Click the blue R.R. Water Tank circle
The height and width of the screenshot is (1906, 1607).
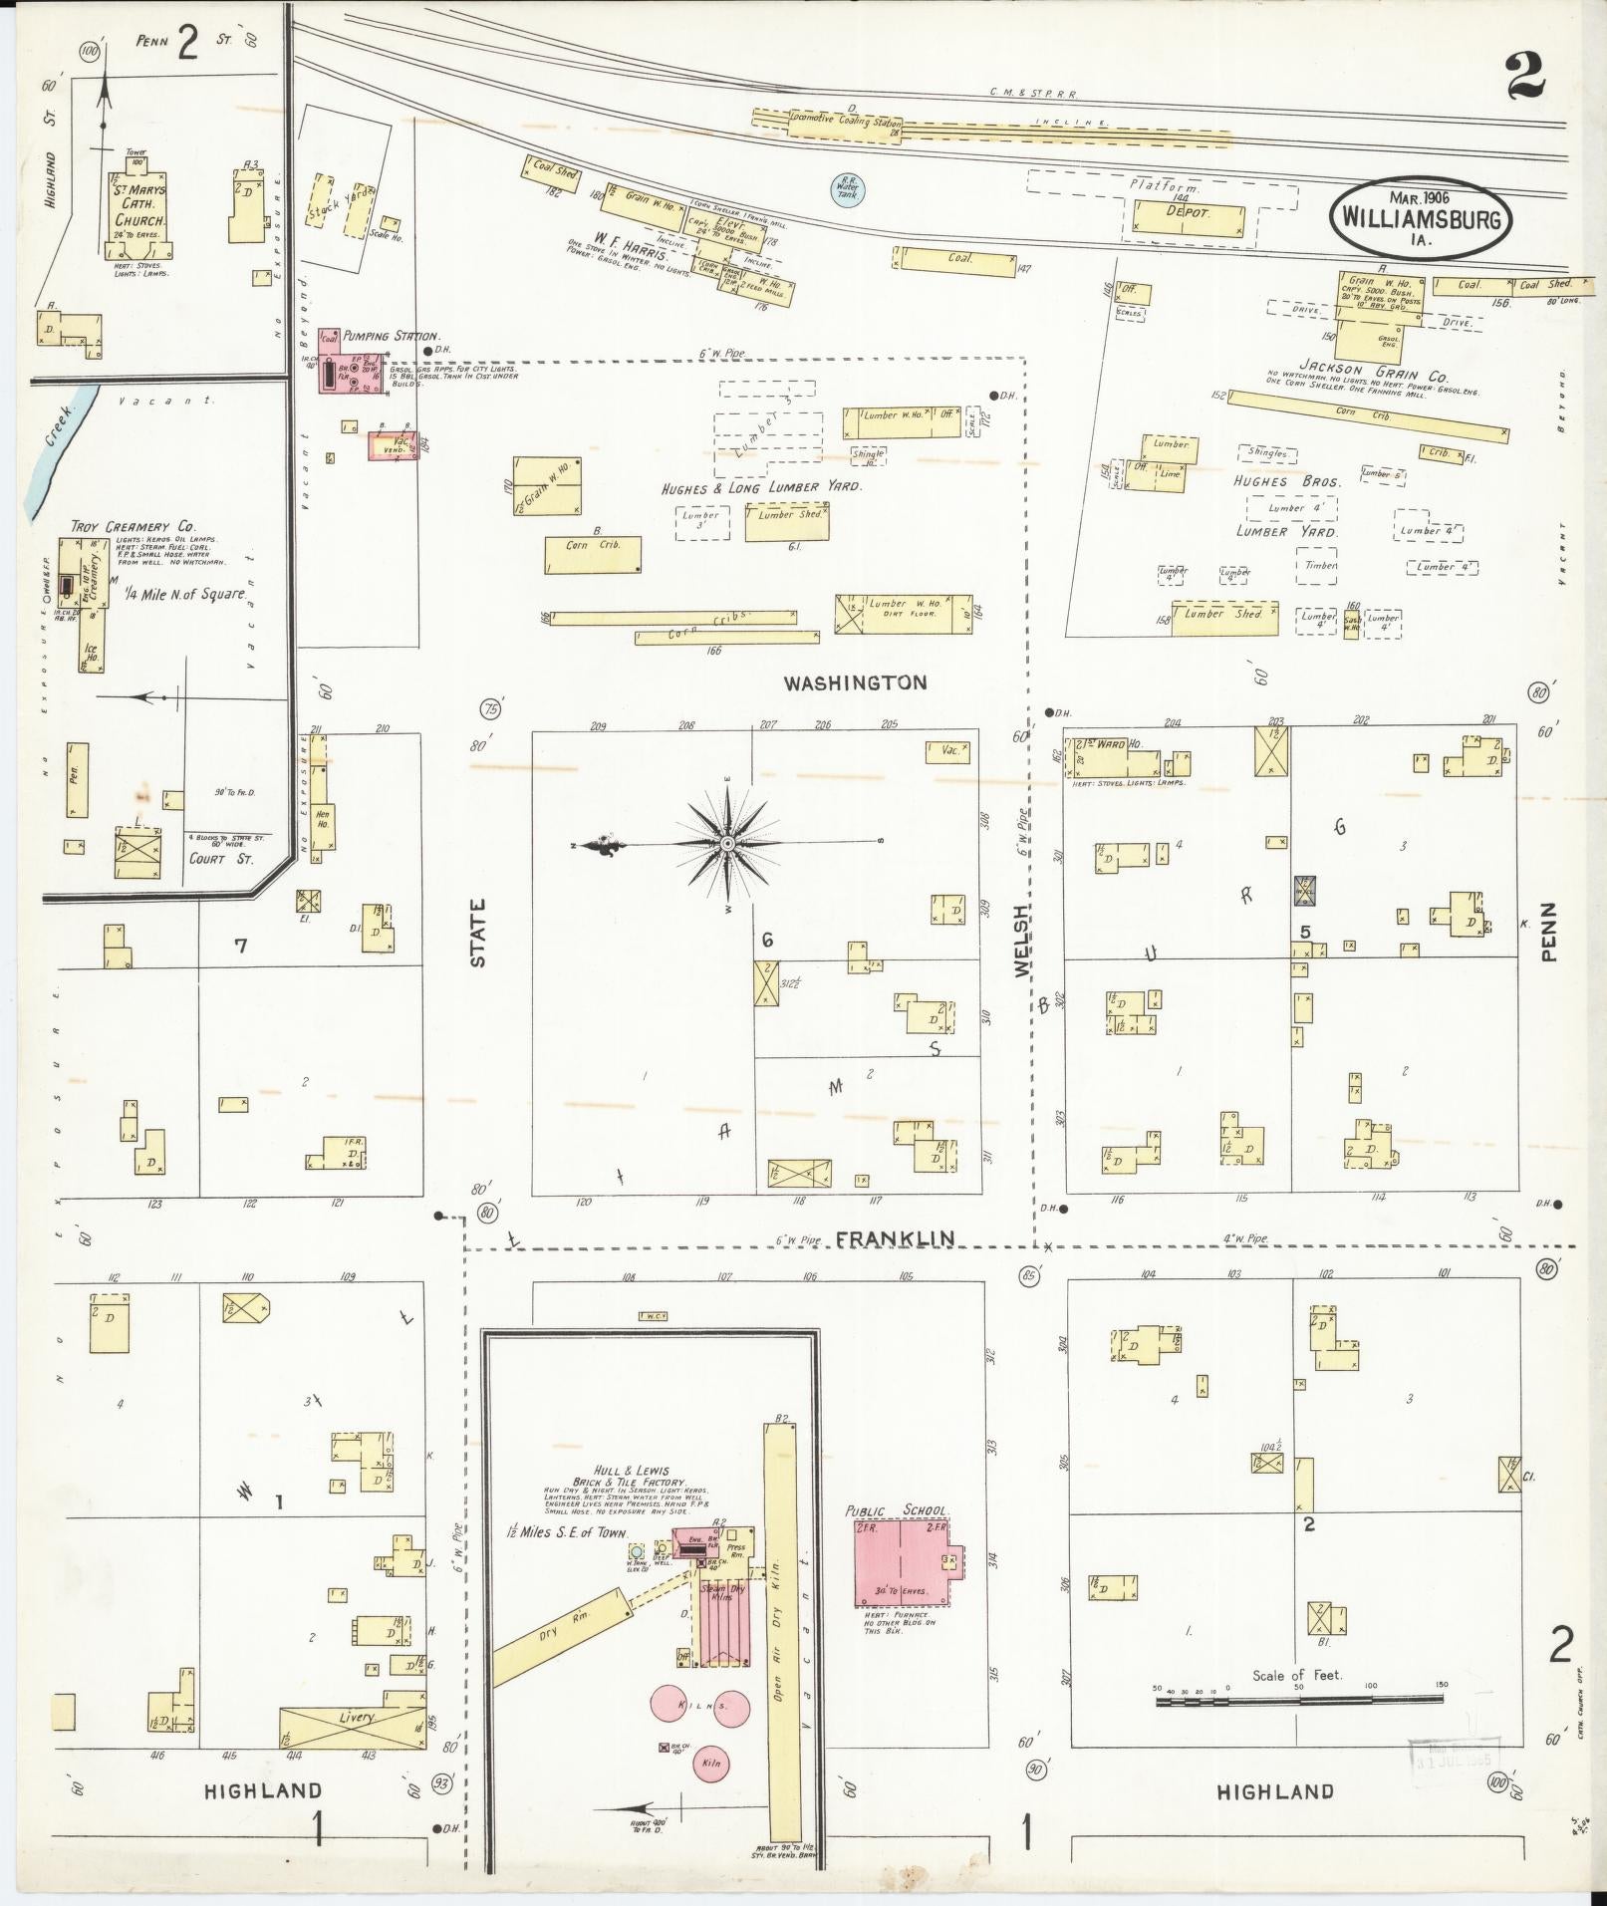[849, 188]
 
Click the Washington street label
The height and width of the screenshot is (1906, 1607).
[855, 683]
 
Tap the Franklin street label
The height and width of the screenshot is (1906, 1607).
[895, 1238]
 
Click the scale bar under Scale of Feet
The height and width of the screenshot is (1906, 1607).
[1299, 1703]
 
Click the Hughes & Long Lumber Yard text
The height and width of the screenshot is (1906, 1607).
[761, 489]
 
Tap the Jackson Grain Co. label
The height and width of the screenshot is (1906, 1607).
[1387, 376]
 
